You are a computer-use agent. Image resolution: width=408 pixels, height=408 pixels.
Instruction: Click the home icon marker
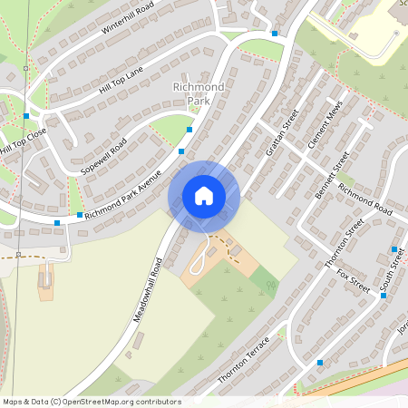pos(204,196)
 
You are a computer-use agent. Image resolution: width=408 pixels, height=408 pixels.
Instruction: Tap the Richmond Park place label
pos(191,94)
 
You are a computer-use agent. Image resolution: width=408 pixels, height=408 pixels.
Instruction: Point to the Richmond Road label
pos(364,199)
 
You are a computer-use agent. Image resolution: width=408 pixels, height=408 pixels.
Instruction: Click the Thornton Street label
pos(344,243)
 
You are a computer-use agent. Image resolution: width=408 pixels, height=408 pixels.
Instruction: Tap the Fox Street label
pos(353,278)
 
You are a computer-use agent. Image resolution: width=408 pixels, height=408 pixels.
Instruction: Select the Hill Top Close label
pos(23,140)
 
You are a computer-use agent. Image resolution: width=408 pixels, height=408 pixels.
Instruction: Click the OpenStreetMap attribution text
pos(92,402)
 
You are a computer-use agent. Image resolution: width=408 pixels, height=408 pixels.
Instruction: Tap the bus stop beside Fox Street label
pos(384,296)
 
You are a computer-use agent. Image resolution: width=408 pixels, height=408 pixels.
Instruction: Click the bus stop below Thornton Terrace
pos(320,363)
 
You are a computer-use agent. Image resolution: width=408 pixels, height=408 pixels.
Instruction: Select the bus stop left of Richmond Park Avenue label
pos(57,222)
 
